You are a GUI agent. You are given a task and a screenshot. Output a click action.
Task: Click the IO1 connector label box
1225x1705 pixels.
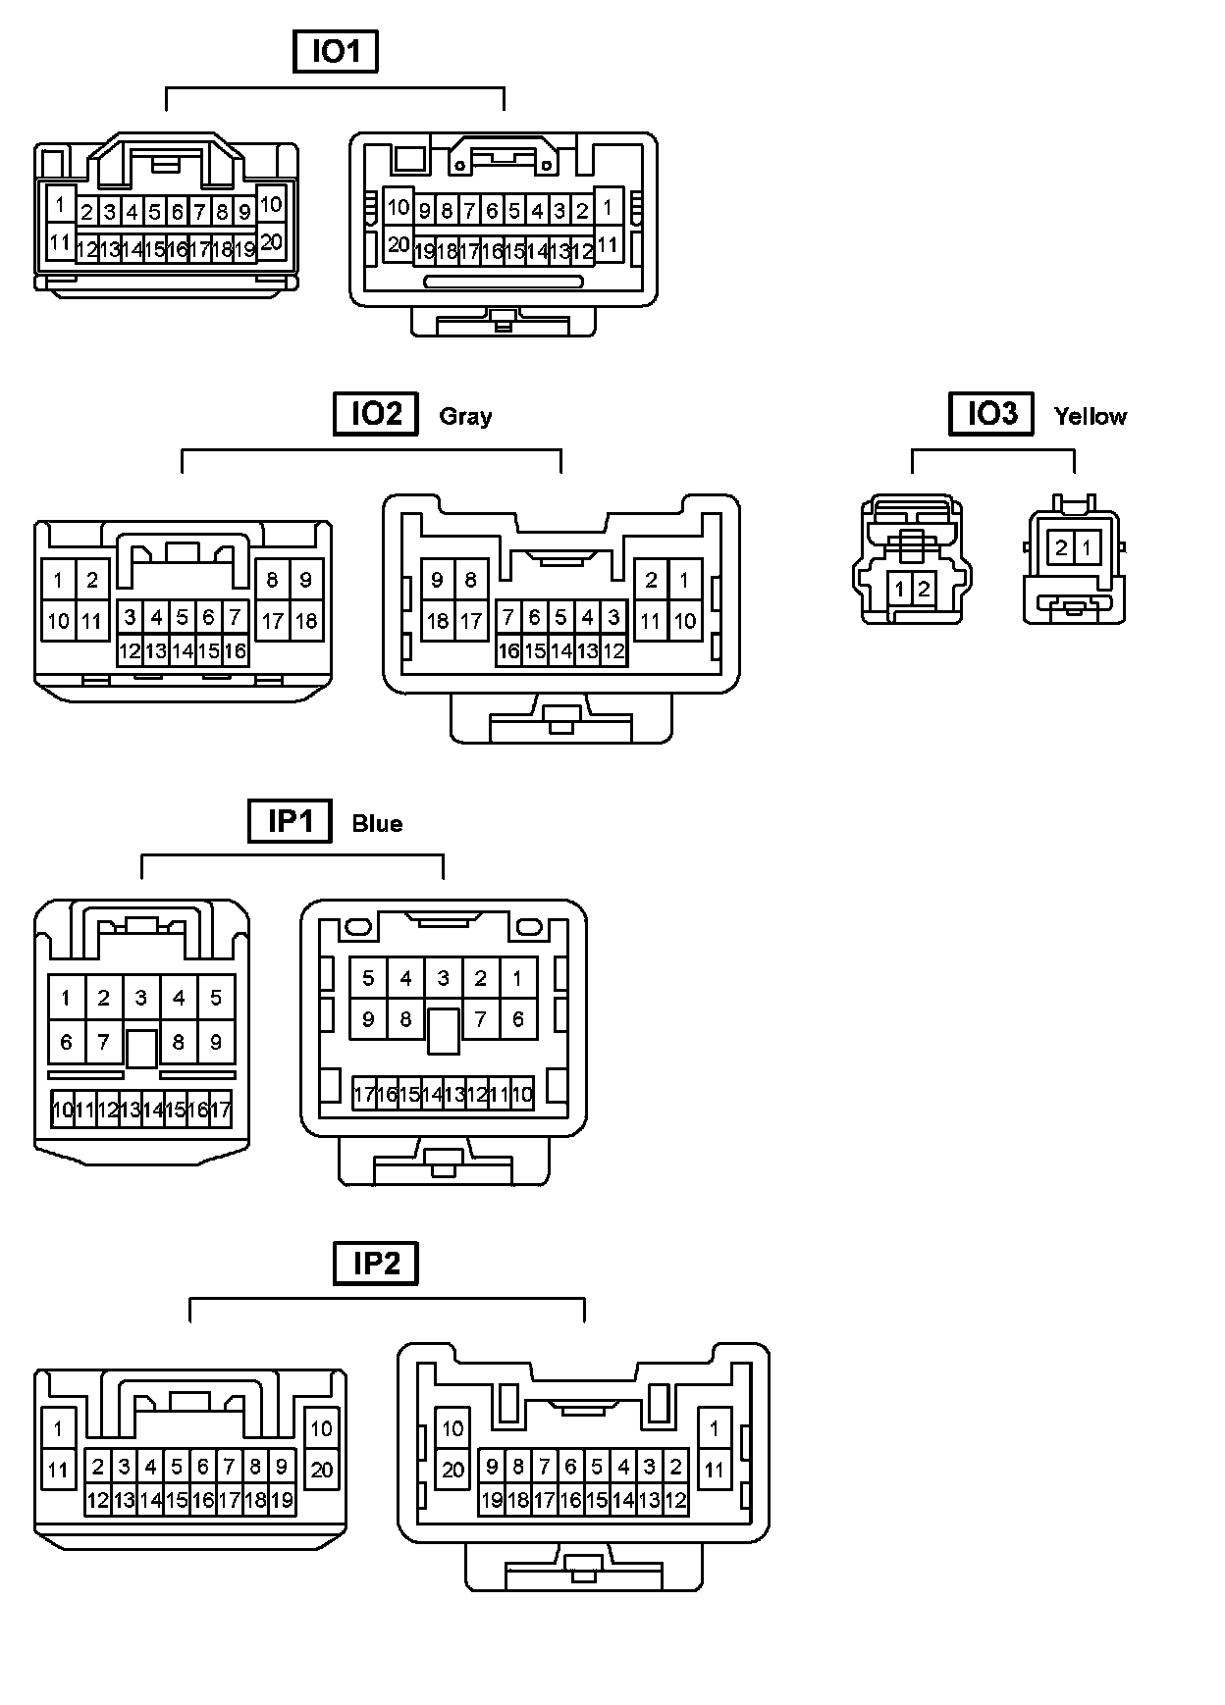tap(336, 52)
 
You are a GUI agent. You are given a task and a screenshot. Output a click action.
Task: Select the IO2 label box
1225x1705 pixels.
tap(376, 414)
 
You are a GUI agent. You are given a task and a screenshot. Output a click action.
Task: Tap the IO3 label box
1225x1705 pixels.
tap(991, 413)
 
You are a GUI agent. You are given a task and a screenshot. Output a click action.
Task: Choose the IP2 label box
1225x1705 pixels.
tap(376, 1264)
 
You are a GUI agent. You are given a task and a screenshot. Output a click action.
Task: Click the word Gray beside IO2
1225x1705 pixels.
tap(465, 416)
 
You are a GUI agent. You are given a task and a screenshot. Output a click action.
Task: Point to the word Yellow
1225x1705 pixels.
tap(1090, 416)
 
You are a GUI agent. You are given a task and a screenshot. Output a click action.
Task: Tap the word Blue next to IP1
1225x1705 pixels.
tap(377, 823)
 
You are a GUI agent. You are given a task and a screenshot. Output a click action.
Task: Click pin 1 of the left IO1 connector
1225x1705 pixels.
tap(60, 204)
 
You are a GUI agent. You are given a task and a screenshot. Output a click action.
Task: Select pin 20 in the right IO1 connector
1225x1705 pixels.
tap(398, 244)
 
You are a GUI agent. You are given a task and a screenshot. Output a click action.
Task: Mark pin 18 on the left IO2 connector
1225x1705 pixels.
tap(306, 620)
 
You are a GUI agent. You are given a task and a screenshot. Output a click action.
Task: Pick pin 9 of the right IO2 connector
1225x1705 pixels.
tap(438, 580)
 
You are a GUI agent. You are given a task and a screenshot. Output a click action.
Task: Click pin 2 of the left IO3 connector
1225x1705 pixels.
tap(924, 590)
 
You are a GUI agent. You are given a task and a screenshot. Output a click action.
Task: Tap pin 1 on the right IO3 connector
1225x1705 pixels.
tap(1087, 546)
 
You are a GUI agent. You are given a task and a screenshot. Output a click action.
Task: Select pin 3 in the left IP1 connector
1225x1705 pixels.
tap(141, 998)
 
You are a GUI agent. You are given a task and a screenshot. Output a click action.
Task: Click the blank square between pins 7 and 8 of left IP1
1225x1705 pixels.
tap(141, 1047)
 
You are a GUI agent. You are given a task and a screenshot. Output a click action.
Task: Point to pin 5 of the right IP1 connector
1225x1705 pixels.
tap(368, 978)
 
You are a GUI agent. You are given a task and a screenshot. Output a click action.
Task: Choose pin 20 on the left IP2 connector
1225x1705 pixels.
tap(322, 1470)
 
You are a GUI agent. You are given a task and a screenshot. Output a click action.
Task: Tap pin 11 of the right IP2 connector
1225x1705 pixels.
tap(714, 1470)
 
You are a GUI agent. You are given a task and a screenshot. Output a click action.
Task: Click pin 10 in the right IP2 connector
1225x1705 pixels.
tap(453, 1428)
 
